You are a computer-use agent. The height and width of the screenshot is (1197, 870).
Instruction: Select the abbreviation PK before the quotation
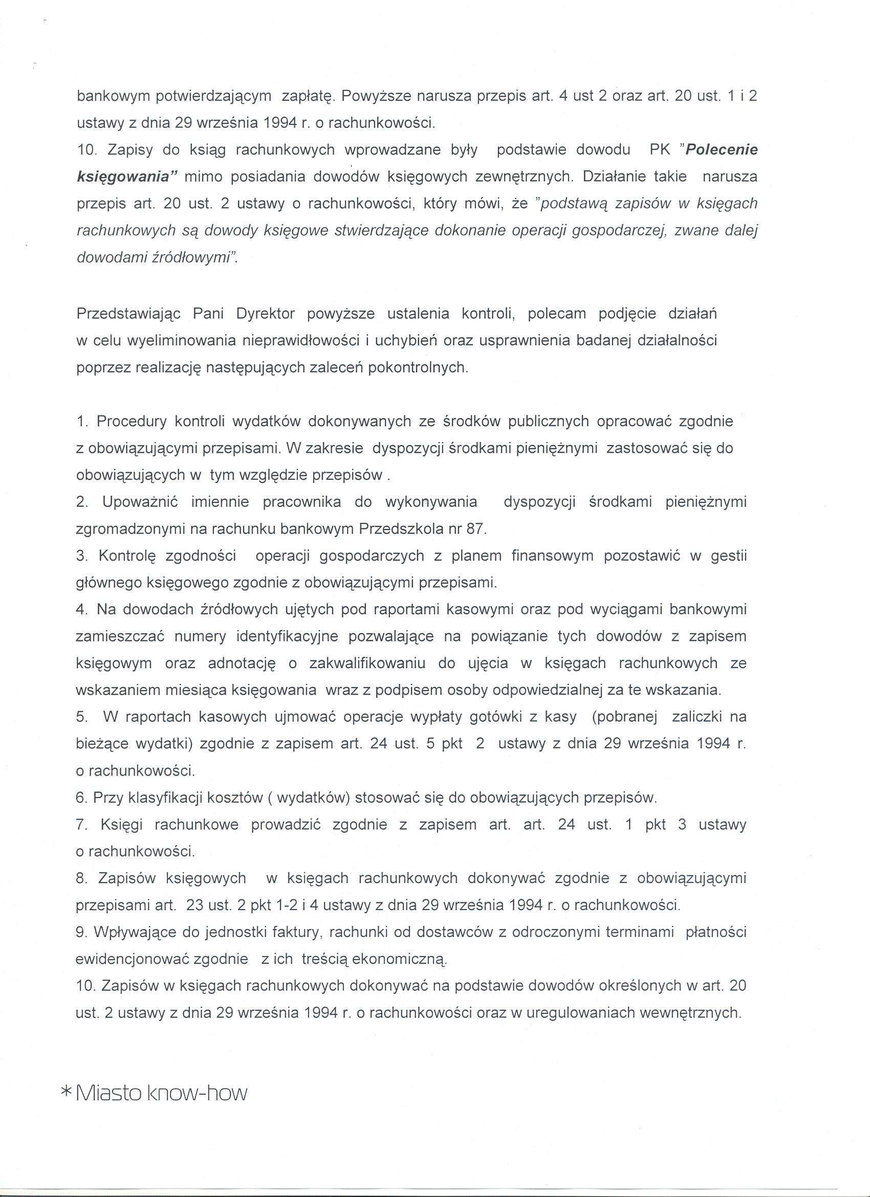click(659, 150)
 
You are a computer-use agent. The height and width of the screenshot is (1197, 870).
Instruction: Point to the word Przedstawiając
click(129, 314)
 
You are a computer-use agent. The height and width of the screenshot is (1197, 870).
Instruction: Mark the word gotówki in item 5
click(491, 717)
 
